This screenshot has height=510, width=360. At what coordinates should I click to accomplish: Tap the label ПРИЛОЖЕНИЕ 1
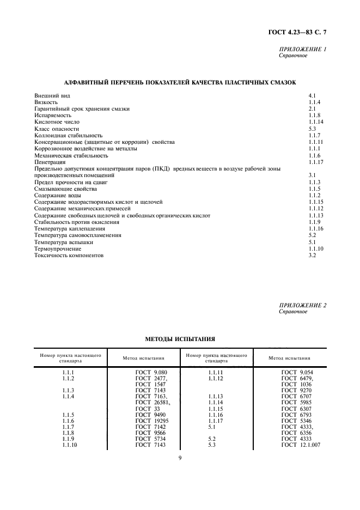pyautogui.click(x=302, y=50)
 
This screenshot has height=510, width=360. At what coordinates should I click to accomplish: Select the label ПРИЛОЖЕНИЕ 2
pyautogui.click(x=302, y=306)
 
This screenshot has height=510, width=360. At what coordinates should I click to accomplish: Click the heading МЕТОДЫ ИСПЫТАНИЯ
pyautogui.click(x=180, y=339)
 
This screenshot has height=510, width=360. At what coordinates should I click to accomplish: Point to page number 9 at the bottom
pyautogui.click(x=180, y=458)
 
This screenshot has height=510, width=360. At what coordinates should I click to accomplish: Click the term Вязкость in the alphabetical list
pyautogui.click(x=47, y=102)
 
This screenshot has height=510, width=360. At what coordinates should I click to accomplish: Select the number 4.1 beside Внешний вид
pyautogui.click(x=312, y=96)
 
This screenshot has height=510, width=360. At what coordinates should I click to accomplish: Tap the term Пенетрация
pyautogui.click(x=50, y=162)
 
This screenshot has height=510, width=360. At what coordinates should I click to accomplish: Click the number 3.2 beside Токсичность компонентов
pyautogui.click(x=312, y=255)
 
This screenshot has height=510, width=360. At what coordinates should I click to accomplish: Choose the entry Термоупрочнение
pyautogui.click(x=58, y=248)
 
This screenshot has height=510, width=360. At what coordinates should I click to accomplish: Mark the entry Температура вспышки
pyautogui.click(x=63, y=242)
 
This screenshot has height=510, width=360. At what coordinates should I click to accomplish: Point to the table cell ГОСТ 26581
pyautogui.click(x=151, y=402)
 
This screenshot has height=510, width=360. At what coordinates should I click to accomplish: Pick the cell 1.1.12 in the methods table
pyautogui.click(x=216, y=378)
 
